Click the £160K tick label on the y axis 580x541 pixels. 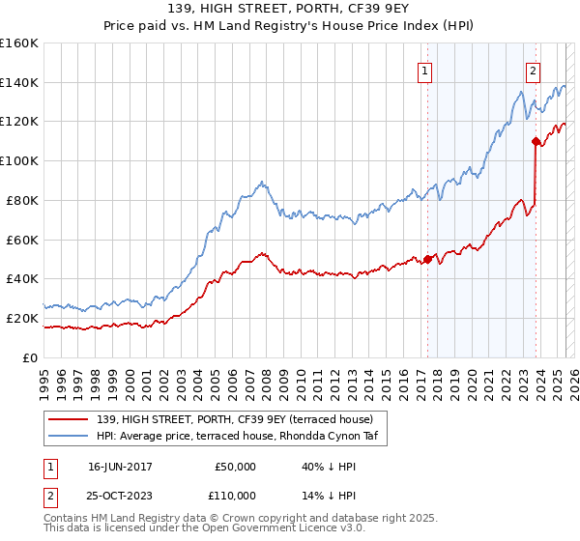[19, 43]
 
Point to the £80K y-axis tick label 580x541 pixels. [22, 200]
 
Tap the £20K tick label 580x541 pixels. [22, 318]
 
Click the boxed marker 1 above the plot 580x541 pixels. [425, 69]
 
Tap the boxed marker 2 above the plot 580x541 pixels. [533, 69]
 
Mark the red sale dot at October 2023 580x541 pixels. [535, 141]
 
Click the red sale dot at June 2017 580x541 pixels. [426, 259]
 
